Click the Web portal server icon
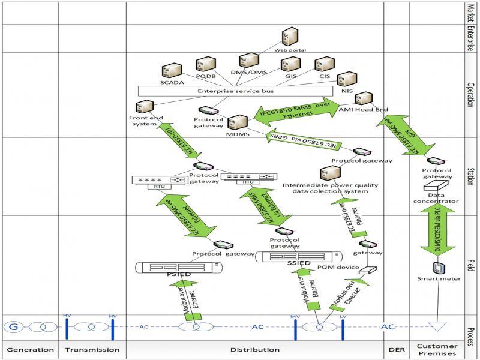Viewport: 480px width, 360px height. (x=289, y=37)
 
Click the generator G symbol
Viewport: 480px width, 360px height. (x=13, y=327)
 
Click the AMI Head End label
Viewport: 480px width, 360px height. (x=364, y=110)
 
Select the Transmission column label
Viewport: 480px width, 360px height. (x=92, y=349)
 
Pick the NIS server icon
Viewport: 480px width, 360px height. (x=346, y=79)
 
